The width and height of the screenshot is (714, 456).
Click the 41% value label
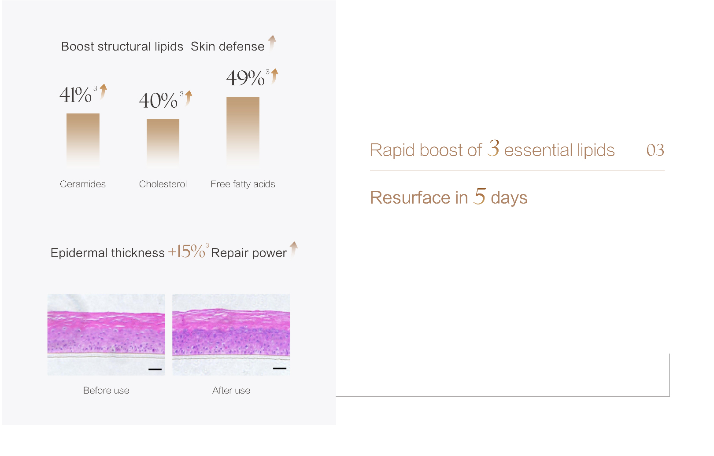76,95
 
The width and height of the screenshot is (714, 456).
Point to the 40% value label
158,101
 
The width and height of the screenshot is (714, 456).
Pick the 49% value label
245,78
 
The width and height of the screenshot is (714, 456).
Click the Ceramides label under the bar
83,184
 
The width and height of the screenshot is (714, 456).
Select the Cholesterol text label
163,184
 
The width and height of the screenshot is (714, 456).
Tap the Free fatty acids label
243,184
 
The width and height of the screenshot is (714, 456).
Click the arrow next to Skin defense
272,42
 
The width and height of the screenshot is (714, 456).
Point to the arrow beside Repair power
294,248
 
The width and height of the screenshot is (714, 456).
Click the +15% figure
187,252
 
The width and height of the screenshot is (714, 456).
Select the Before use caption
106,390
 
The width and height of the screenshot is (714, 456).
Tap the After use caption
231,390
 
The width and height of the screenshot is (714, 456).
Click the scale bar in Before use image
155,369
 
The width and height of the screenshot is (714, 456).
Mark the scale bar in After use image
280,368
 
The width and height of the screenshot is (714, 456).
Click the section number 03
655,150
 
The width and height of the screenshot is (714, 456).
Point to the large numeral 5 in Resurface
479,196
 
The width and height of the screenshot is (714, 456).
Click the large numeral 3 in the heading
493,148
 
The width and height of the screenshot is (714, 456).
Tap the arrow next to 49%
275,76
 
